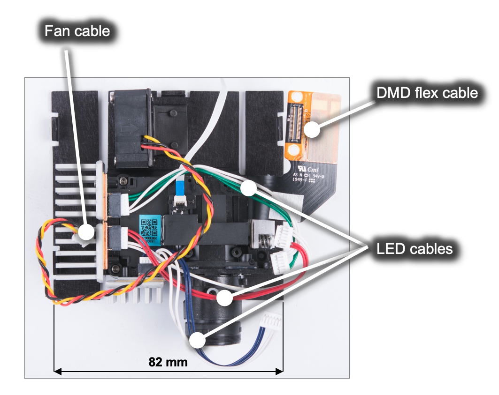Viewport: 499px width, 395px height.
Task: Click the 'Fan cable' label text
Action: point(77,31)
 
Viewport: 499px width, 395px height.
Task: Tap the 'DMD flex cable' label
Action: point(427,93)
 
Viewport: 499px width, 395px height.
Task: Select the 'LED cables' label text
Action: point(415,248)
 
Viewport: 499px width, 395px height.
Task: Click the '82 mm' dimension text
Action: point(168,362)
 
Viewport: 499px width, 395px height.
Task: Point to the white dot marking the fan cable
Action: point(85,231)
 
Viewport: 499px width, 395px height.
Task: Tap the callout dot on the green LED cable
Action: point(248,188)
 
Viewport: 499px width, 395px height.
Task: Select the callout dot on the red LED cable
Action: point(224,296)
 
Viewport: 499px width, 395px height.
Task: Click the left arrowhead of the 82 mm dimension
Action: point(56,372)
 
